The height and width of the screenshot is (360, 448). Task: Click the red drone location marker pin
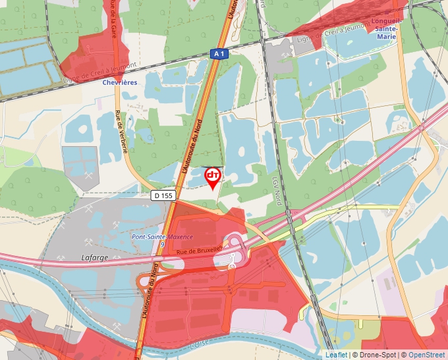(213, 176)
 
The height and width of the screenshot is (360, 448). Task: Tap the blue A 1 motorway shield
(219, 54)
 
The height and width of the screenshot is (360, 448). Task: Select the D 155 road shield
(163, 195)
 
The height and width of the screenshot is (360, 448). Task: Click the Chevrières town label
(120, 83)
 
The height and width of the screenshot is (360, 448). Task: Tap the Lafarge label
(94, 257)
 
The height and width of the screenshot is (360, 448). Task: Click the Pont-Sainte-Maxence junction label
(162, 237)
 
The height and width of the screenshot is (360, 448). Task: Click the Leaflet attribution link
(335, 355)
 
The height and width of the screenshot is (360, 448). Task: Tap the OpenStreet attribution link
(428, 355)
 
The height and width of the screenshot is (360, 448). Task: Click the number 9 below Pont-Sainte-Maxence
(162, 245)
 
